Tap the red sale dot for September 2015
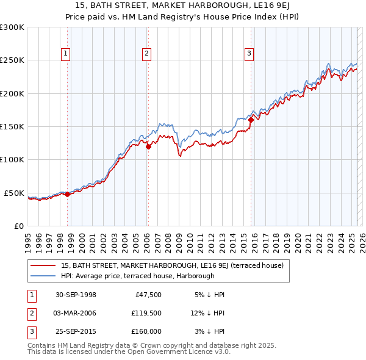251,120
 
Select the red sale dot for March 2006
148,146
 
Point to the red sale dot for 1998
67,194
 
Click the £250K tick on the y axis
12,60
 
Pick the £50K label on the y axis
14,193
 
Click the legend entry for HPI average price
137,276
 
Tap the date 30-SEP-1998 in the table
76,295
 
